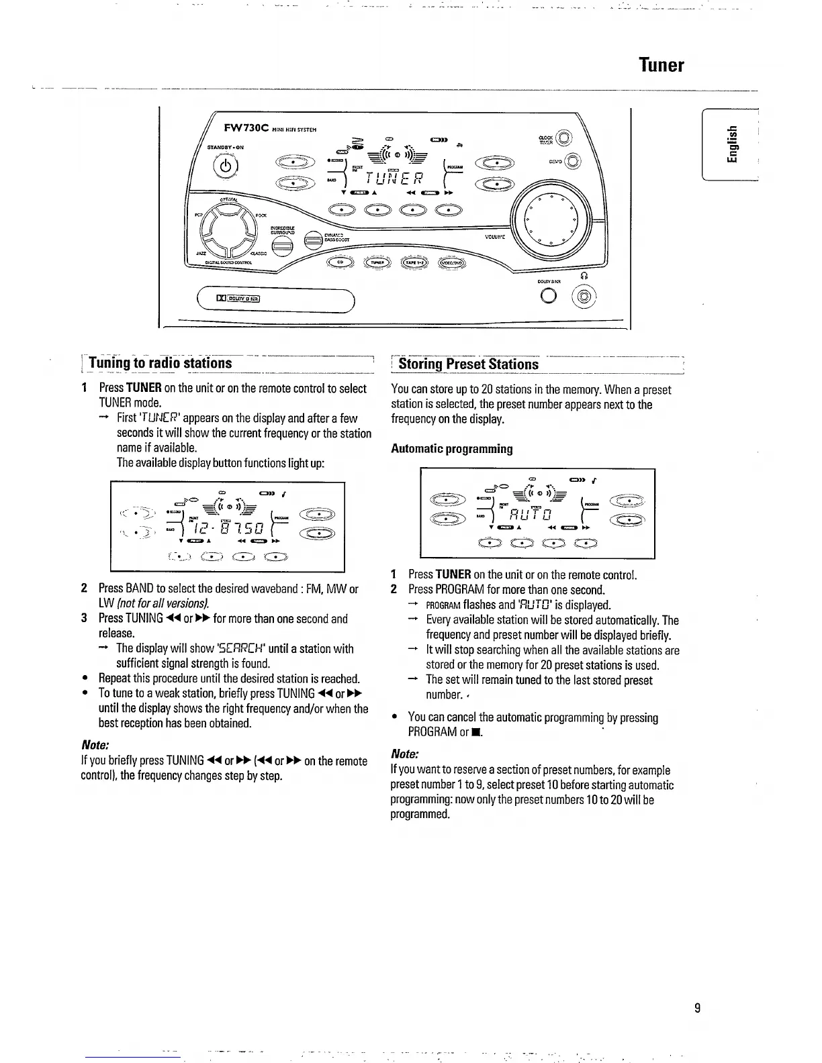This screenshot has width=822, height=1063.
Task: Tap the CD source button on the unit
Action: (340, 262)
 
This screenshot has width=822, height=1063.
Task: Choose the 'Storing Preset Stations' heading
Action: (468, 364)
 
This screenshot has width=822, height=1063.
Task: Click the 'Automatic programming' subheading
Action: (451, 448)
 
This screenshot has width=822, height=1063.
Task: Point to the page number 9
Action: (697, 1007)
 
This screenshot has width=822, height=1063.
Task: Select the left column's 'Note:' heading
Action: (95, 746)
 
